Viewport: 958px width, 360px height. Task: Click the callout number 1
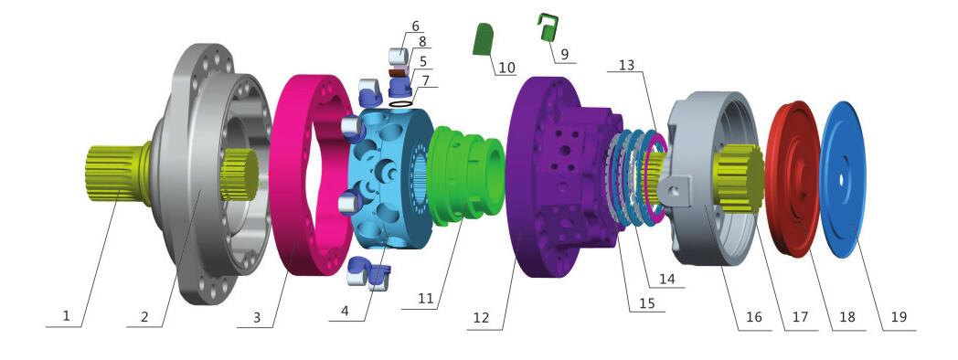pos(67,316)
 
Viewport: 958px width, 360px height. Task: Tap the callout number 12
pos(482,318)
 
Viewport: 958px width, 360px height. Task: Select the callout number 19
pos(899,317)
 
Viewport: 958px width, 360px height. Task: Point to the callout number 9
pos(564,55)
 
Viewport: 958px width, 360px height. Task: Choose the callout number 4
pos(345,310)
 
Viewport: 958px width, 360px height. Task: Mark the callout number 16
pos(754,317)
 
